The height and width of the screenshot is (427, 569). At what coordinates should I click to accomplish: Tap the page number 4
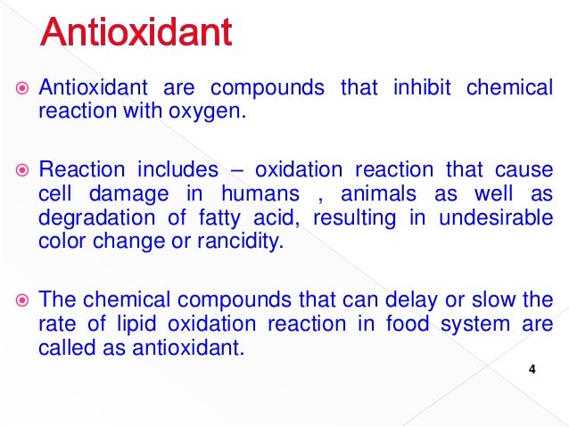click(532, 370)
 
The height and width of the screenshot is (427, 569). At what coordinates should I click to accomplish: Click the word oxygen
click(210, 111)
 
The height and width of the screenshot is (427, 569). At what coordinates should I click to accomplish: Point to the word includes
click(177, 169)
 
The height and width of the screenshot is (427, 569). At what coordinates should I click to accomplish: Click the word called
click(62, 347)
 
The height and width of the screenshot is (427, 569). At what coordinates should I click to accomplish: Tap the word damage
click(144, 194)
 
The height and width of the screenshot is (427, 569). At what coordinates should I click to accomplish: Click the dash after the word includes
click(236, 169)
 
